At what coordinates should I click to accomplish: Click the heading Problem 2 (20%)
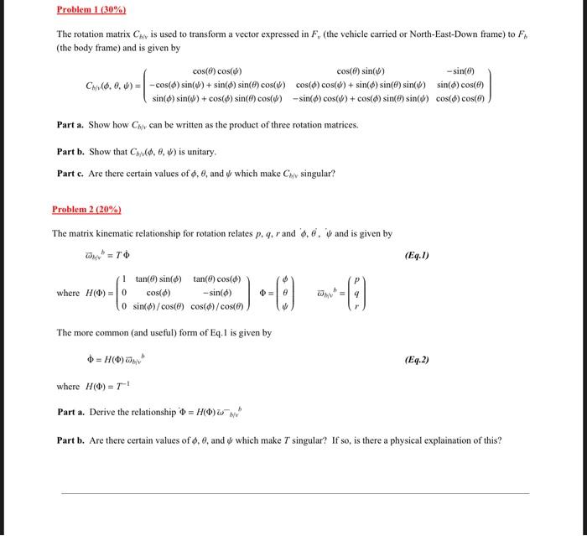click(86, 209)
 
